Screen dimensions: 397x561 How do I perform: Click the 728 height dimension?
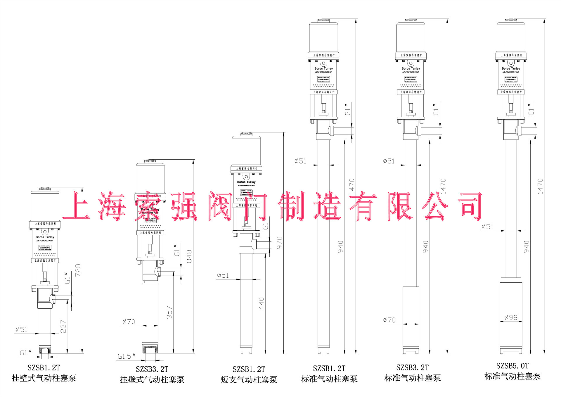point(78,270)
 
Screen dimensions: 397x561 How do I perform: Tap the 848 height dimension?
point(189,256)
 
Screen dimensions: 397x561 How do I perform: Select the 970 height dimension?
point(280,243)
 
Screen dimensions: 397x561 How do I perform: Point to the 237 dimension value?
point(63,326)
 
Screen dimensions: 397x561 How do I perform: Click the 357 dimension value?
point(169,312)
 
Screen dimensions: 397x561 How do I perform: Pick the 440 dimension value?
point(261,303)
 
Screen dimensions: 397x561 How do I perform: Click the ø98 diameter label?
point(511,317)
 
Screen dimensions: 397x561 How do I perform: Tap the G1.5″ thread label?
point(126,356)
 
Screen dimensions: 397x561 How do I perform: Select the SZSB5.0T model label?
point(512,366)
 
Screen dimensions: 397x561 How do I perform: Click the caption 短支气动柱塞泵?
point(249,379)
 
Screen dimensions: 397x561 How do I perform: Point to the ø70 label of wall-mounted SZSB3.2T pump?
point(129,322)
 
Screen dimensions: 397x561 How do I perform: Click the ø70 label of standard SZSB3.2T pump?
point(389,320)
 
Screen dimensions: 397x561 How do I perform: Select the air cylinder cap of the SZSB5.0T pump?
point(511,37)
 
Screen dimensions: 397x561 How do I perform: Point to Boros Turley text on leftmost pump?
point(45,237)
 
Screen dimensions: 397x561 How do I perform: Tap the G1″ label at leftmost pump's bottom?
point(26,353)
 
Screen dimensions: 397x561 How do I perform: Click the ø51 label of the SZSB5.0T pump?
point(487,227)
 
